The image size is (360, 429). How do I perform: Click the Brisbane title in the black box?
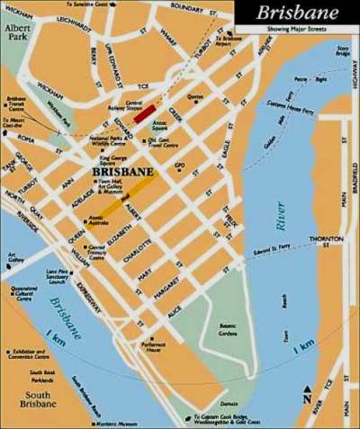point(298,13)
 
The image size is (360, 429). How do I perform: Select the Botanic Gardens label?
point(230,329)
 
